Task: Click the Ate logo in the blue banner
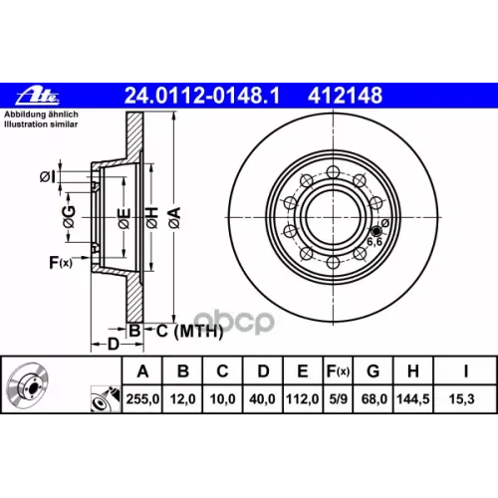(x=38, y=96)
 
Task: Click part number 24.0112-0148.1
(x=202, y=96)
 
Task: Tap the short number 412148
(x=345, y=96)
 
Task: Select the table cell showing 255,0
(x=142, y=398)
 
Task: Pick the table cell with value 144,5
(x=413, y=398)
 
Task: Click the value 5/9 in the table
(x=338, y=398)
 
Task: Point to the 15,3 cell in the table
(x=461, y=398)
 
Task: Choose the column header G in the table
(x=373, y=371)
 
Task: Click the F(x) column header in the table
(x=338, y=371)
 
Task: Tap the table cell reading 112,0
(x=303, y=398)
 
